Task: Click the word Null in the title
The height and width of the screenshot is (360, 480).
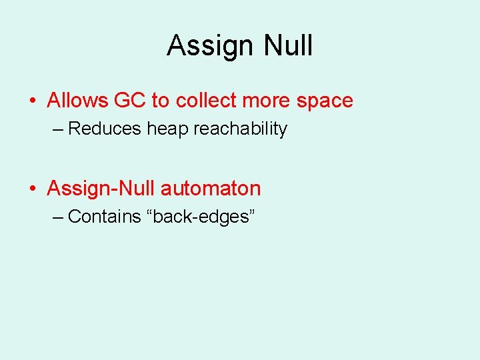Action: coord(288,46)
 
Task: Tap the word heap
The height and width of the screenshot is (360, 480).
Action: coord(168,129)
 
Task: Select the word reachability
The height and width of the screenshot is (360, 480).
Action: coord(240,129)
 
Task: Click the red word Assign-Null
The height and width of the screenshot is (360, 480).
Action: coord(101,189)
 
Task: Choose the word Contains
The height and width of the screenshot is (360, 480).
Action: coord(105,217)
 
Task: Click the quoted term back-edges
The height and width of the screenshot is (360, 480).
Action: coord(199,217)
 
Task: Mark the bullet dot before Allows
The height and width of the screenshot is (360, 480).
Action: coord(33,101)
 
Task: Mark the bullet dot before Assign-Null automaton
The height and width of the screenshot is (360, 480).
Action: coord(33,189)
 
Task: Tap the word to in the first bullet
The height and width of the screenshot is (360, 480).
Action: coord(160,101)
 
